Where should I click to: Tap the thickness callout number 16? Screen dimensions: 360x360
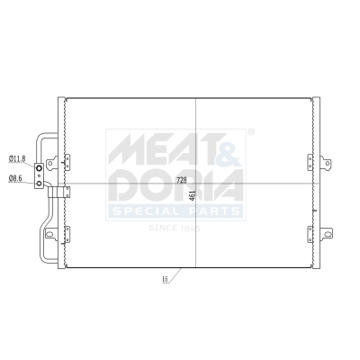coord(166,281)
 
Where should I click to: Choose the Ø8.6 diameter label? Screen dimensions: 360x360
coord(15,178)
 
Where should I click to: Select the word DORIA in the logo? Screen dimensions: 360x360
coord(175,185)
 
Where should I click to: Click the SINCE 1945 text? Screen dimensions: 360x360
coord(175,228)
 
